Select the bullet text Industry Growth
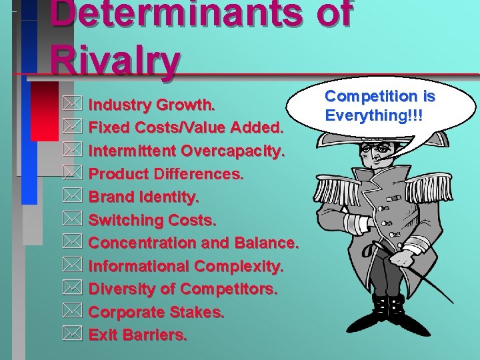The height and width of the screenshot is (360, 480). click(152, 105)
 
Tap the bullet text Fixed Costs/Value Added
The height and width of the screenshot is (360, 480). click(187, 128)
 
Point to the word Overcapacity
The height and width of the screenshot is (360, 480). click(234, 151)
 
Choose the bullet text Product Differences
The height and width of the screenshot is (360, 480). click(166, 175)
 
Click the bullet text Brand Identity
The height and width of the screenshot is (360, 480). click(143, 197)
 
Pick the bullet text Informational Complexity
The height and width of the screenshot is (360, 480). click(186, 266)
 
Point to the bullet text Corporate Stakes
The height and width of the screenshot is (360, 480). click(156, 312)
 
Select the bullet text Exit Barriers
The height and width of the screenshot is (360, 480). click(137, 335)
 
